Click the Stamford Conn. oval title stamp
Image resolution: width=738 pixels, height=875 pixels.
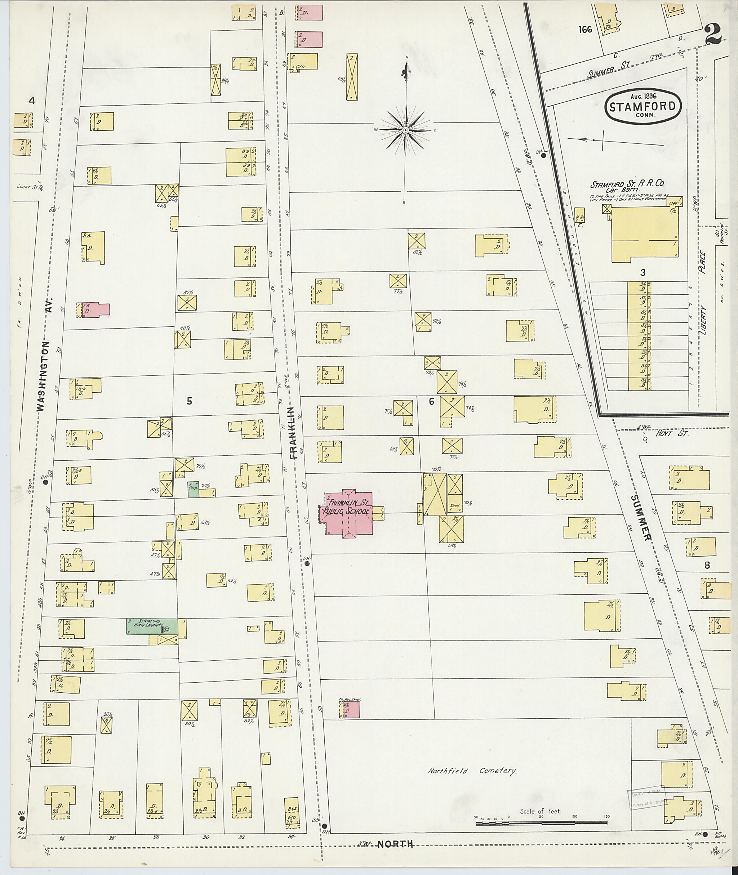click(x=642, y=106)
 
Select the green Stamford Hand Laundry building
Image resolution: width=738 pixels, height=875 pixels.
click(x=152, y=626)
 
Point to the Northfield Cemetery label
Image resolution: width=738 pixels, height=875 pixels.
click(x=472, y=771)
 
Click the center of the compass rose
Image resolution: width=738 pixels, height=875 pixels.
click(x=405, y=130)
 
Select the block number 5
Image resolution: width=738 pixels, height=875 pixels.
click(x=189, y=401)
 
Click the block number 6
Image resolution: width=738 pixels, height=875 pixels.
click(x=431, y=402)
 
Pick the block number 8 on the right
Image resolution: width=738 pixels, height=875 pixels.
click(x=707, y=566)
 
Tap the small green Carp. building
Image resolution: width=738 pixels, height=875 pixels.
click(x=193, y=489)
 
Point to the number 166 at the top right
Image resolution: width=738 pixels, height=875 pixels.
click(x=586, y=29)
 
